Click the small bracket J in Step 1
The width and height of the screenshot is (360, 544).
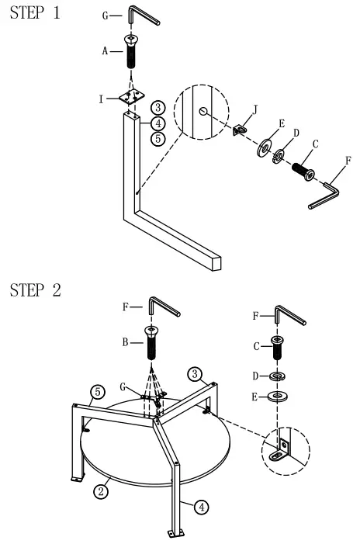(x=241, y=127)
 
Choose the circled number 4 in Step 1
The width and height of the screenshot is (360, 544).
(x=157, y=123)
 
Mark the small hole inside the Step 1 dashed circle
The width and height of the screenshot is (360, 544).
(x=203, y=112)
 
